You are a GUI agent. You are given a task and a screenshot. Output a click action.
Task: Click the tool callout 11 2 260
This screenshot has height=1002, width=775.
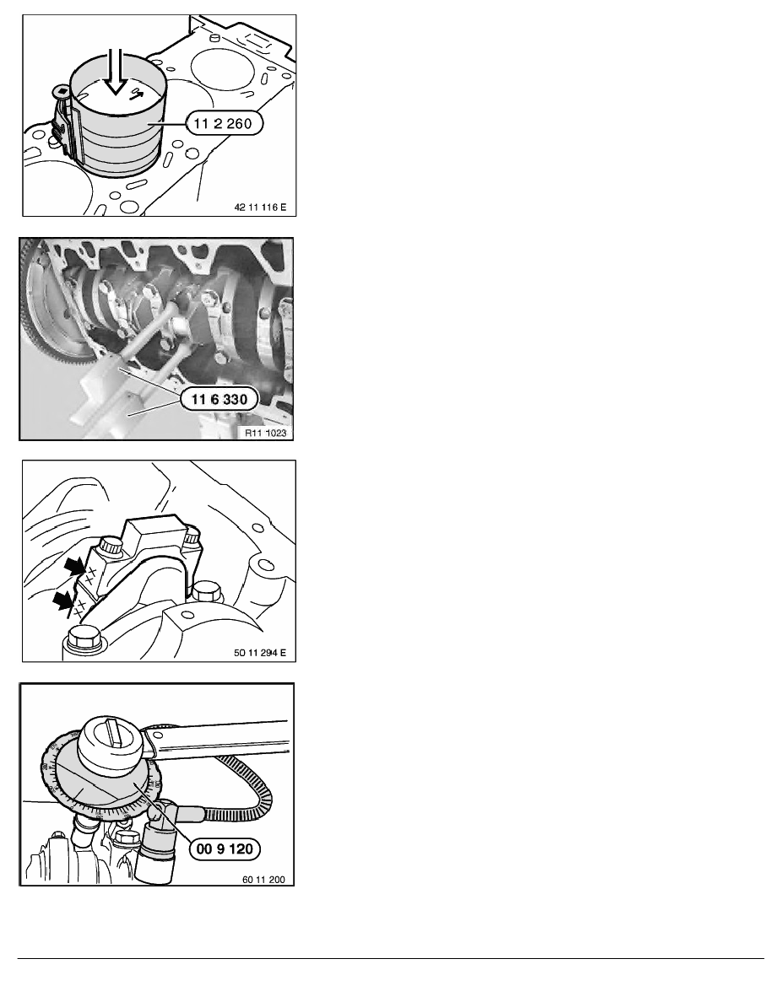225,122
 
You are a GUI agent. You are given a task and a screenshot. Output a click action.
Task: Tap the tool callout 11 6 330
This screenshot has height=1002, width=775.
219,400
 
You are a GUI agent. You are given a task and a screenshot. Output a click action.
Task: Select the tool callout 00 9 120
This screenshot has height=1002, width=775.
225,849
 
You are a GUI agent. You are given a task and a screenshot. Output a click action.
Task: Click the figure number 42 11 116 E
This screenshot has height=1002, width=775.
260,207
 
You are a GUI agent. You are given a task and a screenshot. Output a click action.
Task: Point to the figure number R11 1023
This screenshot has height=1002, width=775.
265,433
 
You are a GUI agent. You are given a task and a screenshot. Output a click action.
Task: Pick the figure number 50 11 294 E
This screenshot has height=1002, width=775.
260,653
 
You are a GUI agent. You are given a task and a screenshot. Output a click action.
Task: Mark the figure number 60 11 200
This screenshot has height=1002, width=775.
264,880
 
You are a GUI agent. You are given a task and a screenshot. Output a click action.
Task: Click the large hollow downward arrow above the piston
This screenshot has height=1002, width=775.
116,71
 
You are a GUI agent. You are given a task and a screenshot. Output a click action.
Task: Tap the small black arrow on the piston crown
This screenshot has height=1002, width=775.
136,94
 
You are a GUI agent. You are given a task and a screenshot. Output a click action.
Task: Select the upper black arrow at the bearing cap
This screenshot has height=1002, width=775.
75,565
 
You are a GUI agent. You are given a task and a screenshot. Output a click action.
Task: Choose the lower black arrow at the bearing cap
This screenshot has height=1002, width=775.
62,600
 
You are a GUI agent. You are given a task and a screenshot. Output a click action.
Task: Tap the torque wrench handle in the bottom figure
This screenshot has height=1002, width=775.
218,737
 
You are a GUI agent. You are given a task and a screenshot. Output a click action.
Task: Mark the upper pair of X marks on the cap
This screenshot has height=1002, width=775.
90,573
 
